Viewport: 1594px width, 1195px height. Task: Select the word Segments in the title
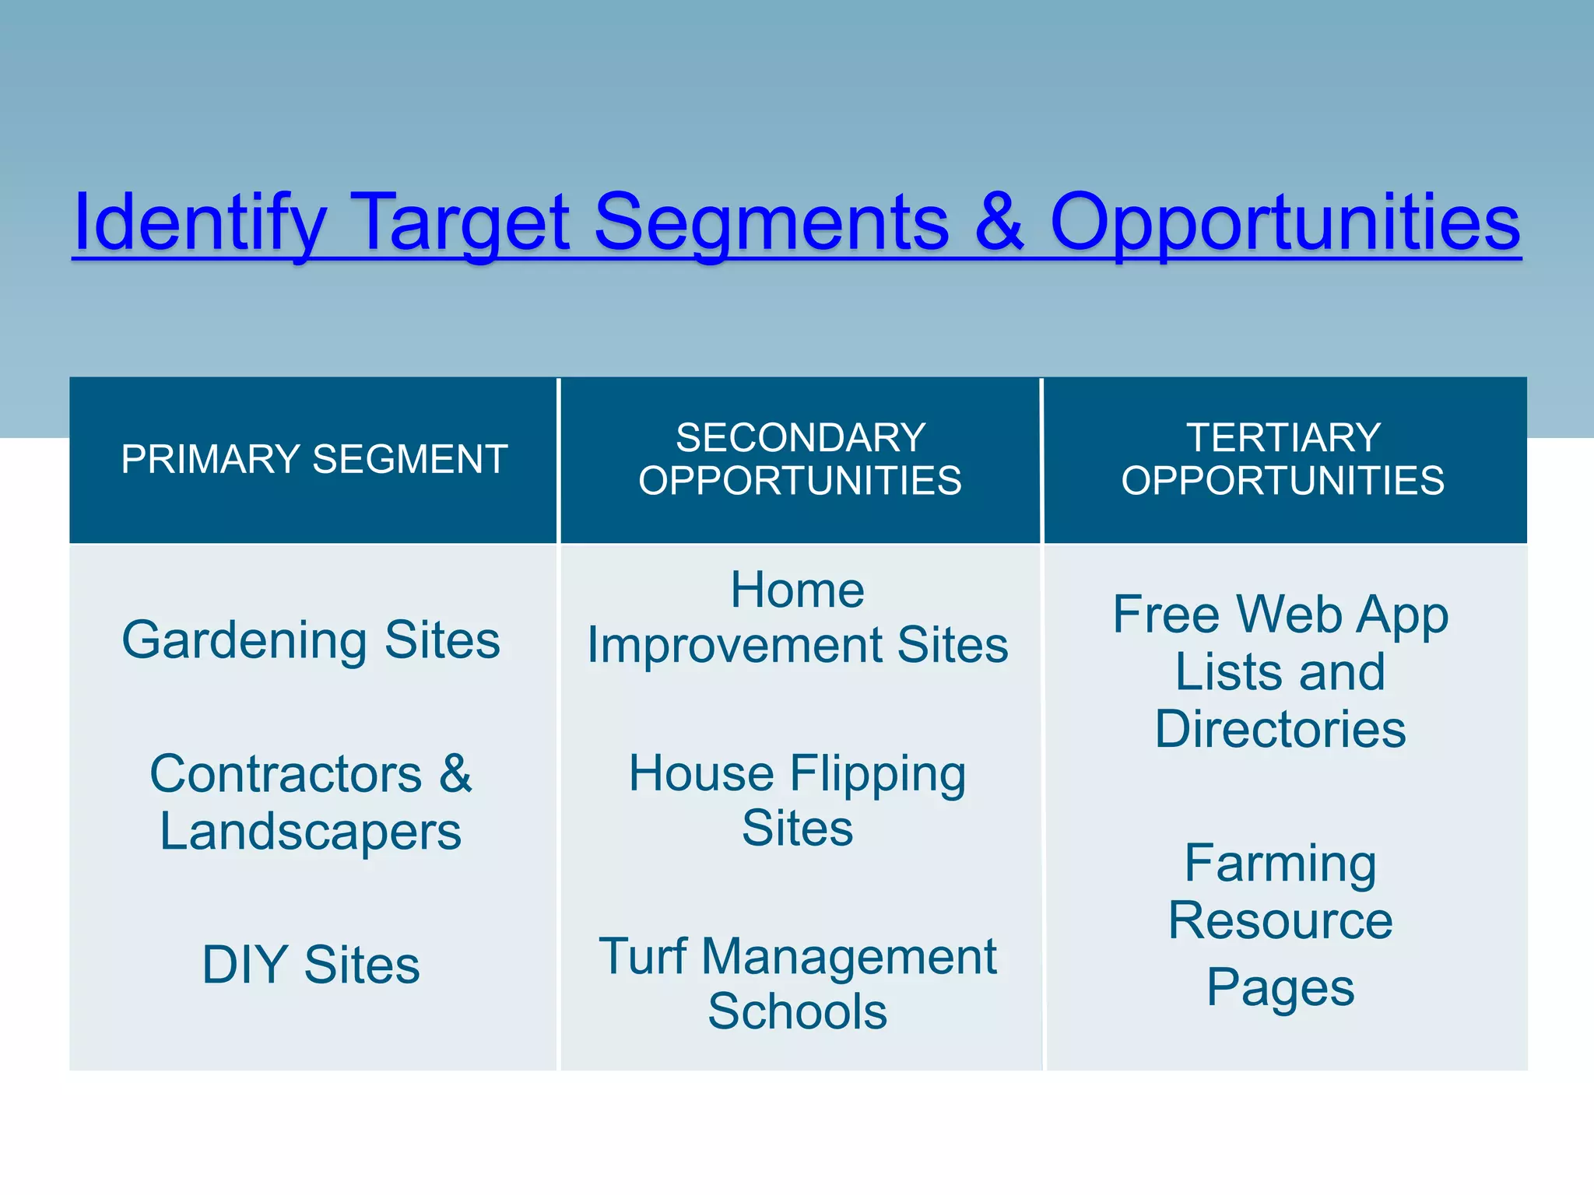pyautogui.click(x=771, y=224)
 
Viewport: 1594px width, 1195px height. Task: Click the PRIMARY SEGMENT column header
pyautogui.click(x=314, y=459)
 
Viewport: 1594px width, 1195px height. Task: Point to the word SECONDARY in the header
pyautogui.click(x=800, y=437)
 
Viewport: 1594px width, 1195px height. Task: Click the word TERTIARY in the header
pyautogui.click(x=1283, y=437)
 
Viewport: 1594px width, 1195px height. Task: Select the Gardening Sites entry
pyautogui.click(x=311, y=640)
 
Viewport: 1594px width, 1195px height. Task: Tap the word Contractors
pyautogui.click(x=286, y=774)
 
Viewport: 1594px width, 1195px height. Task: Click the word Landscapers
pyautogui.click(x=311, y=831)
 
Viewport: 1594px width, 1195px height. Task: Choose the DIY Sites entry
pyautogui.click(x=311, y=965)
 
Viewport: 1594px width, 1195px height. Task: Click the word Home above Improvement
pyautogui.click(x=797, y=590)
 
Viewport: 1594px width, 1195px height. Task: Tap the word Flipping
pyautogui.click(x=878, y=774)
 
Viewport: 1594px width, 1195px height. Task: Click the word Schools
pyautogui.click(x=797, y=1011)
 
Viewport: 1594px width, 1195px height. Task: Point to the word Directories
pyautogui.click(x=1280, y=730)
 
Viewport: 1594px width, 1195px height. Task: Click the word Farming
pyautogui.click(x=1280, y=864)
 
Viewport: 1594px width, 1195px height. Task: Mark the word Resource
pyautogui.click(x=1280, y=921)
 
